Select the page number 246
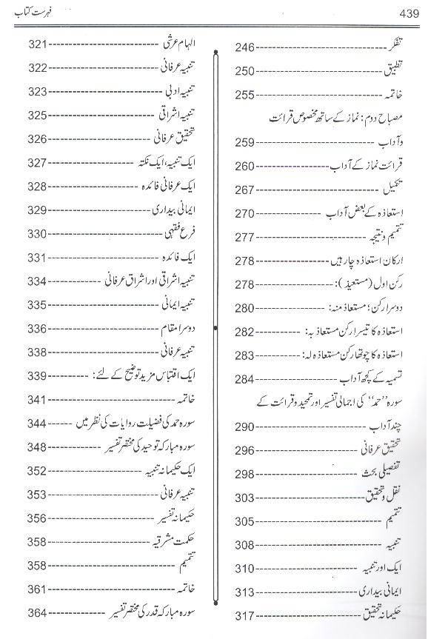coord(246,48)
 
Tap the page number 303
coord(246,498)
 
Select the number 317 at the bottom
coord(246,616)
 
